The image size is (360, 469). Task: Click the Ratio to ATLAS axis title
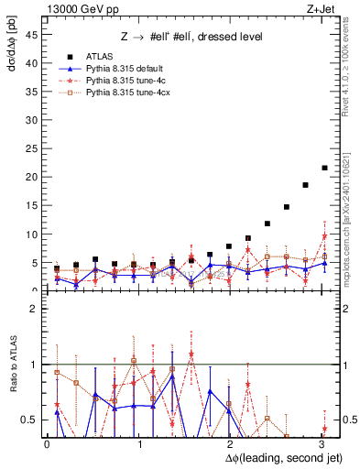point(11,365)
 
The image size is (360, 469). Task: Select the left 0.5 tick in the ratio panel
point(29,420)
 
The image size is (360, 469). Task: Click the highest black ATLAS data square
point(324,168)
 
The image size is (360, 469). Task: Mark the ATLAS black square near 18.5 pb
point(305,185)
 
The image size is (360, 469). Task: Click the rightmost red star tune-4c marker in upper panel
point(324,236)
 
